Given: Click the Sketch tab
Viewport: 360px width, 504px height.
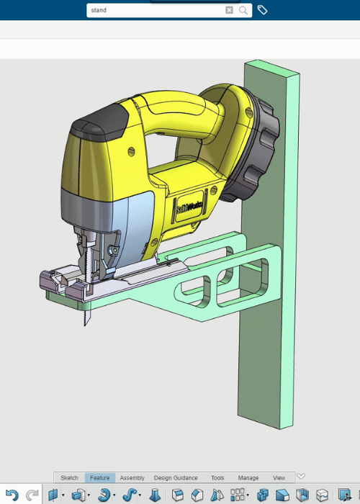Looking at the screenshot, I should [x=69, y=478].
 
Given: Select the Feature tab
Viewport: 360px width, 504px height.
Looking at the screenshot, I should [x=99, y=478].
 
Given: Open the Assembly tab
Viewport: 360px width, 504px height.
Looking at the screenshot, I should [x=132, y=478].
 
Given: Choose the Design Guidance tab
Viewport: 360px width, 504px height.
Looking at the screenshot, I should [x=176, y=478].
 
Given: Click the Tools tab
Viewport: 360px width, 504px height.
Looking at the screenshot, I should [x=217, y=478].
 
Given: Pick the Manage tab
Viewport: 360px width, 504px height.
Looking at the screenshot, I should [x=248, y=478].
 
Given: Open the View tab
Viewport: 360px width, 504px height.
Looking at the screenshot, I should [x=279, y=478].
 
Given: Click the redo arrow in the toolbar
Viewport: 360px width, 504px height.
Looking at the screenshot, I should [x=32, y=495].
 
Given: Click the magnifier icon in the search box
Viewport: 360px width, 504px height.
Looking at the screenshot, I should [x=243, y=10].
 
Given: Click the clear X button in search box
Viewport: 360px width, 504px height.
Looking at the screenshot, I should [x=229, y=10].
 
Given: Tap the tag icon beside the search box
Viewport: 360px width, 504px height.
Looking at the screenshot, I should [x=263, y=10].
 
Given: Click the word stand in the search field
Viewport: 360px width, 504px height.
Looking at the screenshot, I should [x=99, y=10].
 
